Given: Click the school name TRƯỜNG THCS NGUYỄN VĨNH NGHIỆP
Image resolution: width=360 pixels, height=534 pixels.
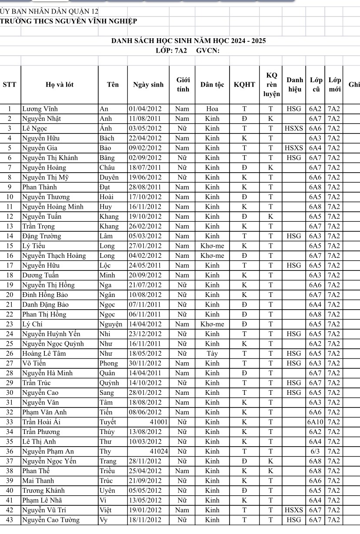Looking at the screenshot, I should click(69, 20).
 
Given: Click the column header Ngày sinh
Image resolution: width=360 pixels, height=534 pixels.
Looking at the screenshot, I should click(148, 84).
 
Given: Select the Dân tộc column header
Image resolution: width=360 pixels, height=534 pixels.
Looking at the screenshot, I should click(212, 84).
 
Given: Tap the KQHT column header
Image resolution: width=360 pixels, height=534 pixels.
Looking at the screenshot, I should click(244, 84).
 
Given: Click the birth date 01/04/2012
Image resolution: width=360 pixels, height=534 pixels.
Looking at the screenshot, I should click(145, 109).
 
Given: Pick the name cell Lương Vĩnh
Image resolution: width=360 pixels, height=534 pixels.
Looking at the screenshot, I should click(40, 109).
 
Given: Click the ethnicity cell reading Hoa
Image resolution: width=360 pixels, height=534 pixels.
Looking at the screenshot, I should click(212, 109).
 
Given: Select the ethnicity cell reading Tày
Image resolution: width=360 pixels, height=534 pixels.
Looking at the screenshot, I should click(212, 353).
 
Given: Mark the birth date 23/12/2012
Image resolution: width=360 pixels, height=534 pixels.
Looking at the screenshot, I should click(145, 334).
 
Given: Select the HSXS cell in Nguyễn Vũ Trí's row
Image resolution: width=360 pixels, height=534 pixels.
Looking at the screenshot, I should click(294, 510).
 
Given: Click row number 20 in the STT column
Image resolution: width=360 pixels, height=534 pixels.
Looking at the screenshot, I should click(10, 294).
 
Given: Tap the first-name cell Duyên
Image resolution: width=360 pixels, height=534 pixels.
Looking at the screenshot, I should click(109, 177).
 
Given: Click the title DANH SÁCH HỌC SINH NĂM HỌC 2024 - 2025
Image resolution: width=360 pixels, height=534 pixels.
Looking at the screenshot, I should click(189, 41).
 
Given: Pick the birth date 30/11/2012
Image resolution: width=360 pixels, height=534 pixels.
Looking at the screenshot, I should click(145, 363).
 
